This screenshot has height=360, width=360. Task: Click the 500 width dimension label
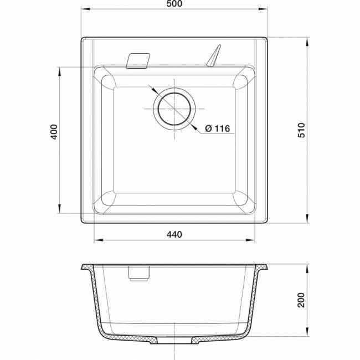174,4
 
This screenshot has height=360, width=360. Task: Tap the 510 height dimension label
301,130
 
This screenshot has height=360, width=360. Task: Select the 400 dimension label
54,132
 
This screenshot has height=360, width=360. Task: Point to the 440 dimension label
174,235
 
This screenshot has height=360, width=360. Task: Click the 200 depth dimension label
301,300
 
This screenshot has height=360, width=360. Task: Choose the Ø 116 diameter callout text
218,128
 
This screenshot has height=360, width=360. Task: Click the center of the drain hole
174,109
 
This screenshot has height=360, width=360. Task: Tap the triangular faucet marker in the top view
214,55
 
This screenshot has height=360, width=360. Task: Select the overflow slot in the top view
138,61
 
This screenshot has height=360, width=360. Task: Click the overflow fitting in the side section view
138,273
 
